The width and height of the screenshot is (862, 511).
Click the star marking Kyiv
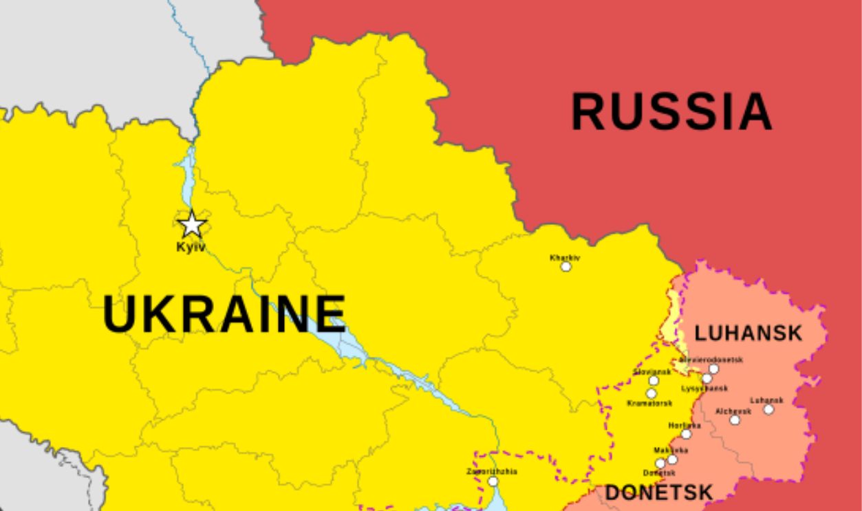tap(192, 225)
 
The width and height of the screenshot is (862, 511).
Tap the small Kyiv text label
tap(191, 246)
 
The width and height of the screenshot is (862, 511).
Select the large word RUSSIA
tap(671, 112)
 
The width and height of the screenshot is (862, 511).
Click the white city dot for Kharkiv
tap(565, 267)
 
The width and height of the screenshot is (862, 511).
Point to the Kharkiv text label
tap(565, 258)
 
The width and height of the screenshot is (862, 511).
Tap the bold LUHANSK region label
tap(748, 334)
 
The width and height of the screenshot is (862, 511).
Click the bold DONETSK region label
tap(658, 492)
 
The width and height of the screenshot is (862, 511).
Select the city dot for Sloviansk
tap(654, 380)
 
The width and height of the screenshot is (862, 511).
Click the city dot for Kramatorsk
tap(651, 393)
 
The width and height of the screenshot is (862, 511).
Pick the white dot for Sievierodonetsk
tap(713, 369)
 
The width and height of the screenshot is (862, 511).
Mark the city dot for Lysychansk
tap(707, 379)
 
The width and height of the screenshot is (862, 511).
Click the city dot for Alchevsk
tap(735, 420)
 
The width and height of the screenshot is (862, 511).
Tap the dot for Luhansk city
tap(768, 409)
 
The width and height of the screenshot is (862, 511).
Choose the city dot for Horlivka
tap(686, 434)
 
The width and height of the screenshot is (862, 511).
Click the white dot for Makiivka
tap(672, 459)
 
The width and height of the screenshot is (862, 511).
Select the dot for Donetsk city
tap(660, 464)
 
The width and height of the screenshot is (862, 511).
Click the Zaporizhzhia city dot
tap(493, 481)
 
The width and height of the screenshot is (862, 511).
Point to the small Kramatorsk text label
tap(649, 403)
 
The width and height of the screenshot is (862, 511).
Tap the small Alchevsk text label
tap(733, 411)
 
